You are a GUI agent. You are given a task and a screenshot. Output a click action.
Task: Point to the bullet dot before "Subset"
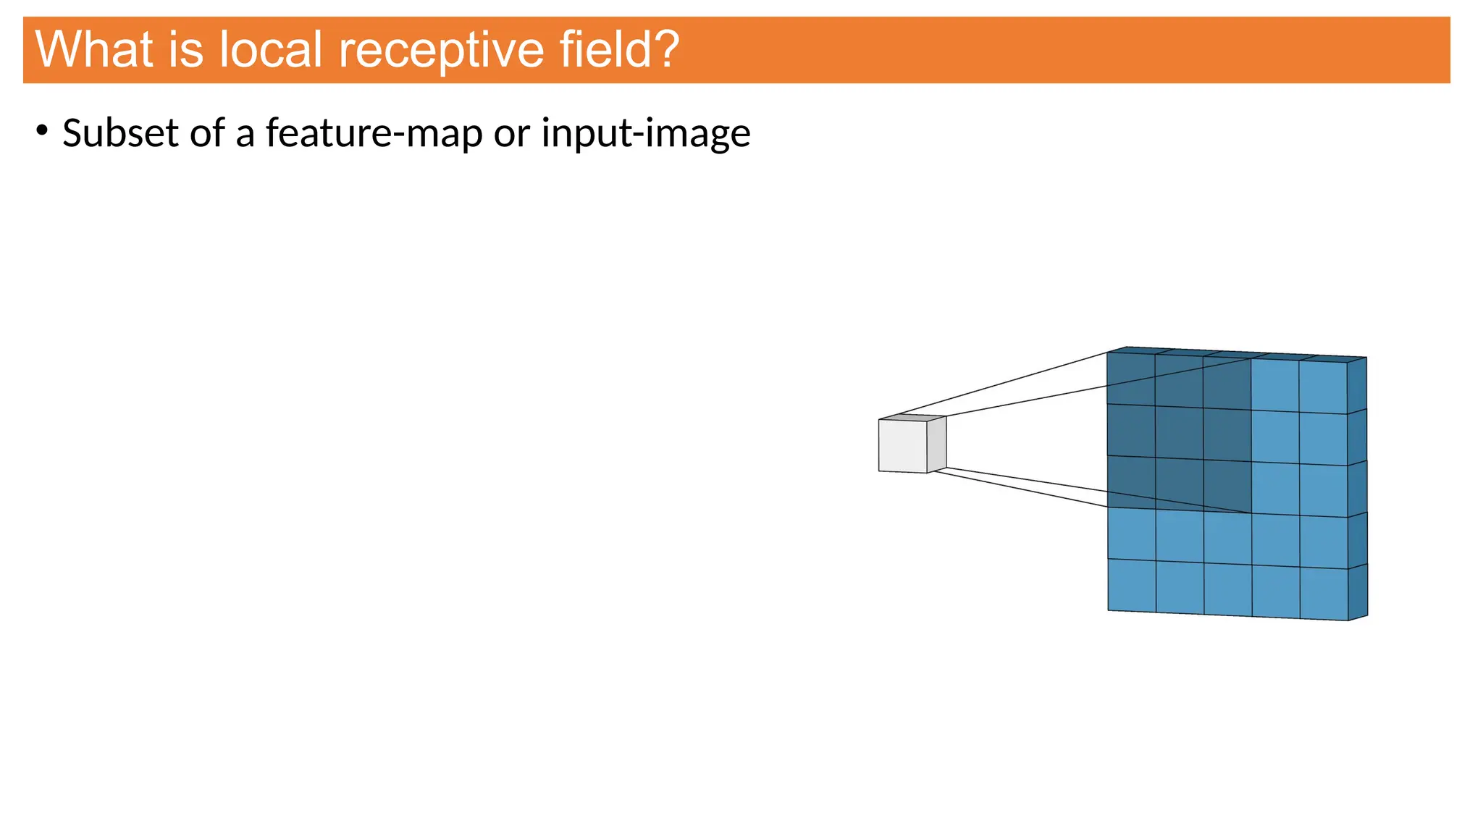[x=42, y=131]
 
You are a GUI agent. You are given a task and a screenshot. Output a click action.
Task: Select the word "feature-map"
[x=374, y=133]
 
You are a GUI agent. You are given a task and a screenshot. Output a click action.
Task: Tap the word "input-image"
[x=646, y=133]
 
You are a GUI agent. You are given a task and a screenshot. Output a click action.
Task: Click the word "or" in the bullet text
[x=512, y=133]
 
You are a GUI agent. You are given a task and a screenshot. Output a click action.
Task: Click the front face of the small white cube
[x=902, y=446]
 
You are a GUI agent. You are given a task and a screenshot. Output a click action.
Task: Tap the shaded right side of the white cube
[x=936, y=443]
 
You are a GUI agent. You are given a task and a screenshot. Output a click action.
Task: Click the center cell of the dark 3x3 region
[x=1179, y=433]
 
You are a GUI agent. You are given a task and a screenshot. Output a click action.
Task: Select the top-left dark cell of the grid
[x=1130, y=379]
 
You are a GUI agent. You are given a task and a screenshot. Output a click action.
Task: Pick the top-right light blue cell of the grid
[x=1323, y=387]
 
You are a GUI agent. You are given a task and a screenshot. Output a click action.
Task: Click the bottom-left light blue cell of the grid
[x=1132, y=585]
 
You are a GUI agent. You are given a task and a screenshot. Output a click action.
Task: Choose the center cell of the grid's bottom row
[x=1228, y=589]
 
